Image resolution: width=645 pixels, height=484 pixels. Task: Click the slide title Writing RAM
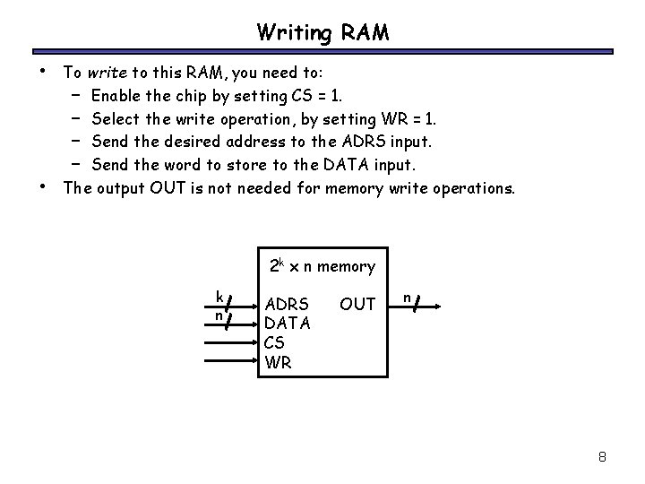point(322,33)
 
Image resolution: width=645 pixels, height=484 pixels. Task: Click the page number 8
point(603,457)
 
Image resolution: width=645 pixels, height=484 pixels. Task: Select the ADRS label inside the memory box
point(288,305)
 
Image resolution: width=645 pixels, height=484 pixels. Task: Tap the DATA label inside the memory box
point(288,324)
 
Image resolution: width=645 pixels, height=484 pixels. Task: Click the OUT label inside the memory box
point(357,305)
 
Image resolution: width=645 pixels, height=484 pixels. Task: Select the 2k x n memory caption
point(322,266)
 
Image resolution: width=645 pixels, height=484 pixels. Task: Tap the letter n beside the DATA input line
point(218,315)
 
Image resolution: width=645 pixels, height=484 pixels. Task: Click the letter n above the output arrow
point(406,295)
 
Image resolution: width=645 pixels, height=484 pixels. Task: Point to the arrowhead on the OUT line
point(439,306)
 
